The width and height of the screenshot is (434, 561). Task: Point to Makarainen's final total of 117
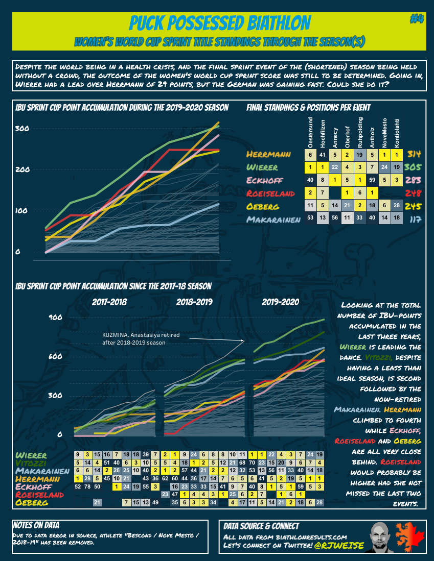pyautogui.click(x=415, y=219)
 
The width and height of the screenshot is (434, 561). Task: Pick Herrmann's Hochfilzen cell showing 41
pyautogui.click(x=323, y=154)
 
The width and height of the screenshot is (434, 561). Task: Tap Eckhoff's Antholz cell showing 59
pyautogui.click(x=372, y=180)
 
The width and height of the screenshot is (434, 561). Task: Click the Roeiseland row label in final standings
pyautogui.click(x=270, y=193)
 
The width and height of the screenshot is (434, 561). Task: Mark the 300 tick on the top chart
pyautogui.click(x=21, y=129)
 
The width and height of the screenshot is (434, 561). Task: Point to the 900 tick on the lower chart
pyautogui.click(x=55, y=318)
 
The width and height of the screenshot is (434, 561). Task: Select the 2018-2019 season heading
pyautogui.click(x=194, y=302)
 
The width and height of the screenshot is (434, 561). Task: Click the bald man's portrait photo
pyautogui.click(x=381, y=537)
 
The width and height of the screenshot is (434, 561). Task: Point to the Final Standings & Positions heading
pyautogui.click(x=308, y=108)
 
